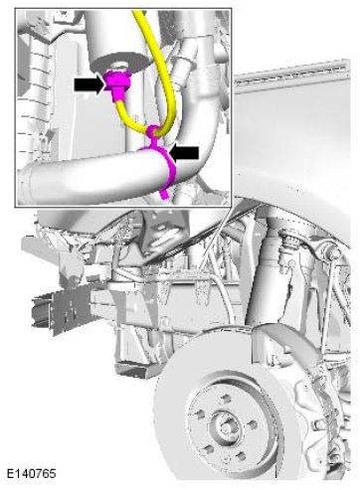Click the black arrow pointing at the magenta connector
[x=90, y=85]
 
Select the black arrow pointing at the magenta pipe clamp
[x=183, y=153]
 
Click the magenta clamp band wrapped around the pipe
[x=167, y=167]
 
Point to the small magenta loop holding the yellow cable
[x=153, y=130]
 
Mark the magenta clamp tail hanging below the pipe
[x=165, y=194]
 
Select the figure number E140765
[x=32, y=473]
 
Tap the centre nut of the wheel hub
[x=223, y=426]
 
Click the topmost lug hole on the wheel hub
[x=225, y=398]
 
